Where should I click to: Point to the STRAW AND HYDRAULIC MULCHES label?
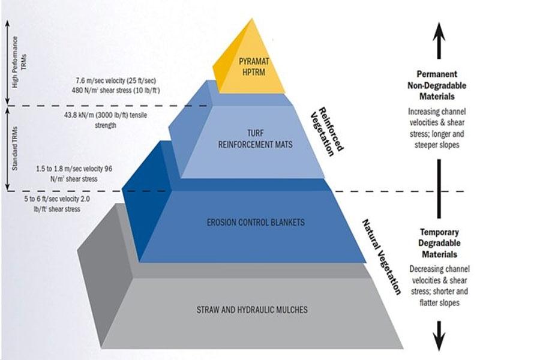[x=252, y=310]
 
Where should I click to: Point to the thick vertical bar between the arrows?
[x=440, y=190]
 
